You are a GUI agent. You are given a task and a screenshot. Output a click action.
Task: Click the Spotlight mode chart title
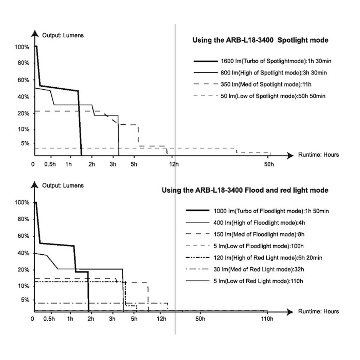pyautogui.click(x=260, y=40)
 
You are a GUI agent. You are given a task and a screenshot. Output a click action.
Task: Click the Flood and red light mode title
pyautogui.click(x=245, y=190)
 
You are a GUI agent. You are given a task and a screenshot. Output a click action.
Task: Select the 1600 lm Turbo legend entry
pyautogui.click(x=262, y=61)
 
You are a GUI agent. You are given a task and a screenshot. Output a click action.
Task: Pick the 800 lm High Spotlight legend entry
pyautogui.click(x=260, y=73)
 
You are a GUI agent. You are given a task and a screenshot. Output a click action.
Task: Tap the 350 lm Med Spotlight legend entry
pyautogui.click(x=252, y=84)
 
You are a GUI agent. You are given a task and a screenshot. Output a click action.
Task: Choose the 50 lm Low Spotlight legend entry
pyautogui.click(x=259, y=96)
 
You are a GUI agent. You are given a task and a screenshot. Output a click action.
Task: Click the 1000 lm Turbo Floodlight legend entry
pyautogui.click(x=257, y=211)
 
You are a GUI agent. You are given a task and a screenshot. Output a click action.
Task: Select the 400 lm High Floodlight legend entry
pyautogui.click(x=245, y=223)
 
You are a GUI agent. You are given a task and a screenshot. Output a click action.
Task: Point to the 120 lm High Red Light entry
pyautogui.click(x=254, y=258)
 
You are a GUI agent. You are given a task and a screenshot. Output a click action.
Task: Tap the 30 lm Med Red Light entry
pyautogui.click(x=245, y=269)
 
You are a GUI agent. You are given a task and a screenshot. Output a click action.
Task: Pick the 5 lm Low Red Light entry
pyautogui.click(x=244, y=281)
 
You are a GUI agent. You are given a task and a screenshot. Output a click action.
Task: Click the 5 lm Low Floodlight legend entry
pyautogui.click(x=244, y=246)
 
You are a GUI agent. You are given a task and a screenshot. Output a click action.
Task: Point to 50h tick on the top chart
pyautogui.click(x=269, y=164)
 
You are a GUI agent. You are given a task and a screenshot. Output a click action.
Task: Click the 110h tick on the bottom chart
pyautogui.click(x=267, y=319)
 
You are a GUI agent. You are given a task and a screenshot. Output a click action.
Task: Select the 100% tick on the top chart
pyautogui.click(x=22, y=47)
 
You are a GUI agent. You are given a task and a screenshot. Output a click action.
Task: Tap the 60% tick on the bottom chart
pyautogui.click(x=23, y=236)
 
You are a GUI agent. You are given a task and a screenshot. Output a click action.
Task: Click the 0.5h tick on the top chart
pyautogui.click(x=50, y=164)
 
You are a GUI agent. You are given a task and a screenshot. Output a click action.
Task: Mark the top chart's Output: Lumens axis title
pyautogui.click(x=63, y=35)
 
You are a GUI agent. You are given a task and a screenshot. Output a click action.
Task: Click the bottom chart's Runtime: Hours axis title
pyautogui.click(x=318, y=311)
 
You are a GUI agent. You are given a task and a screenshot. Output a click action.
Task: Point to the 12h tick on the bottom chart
pyautogui.click(x=161, y=319)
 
